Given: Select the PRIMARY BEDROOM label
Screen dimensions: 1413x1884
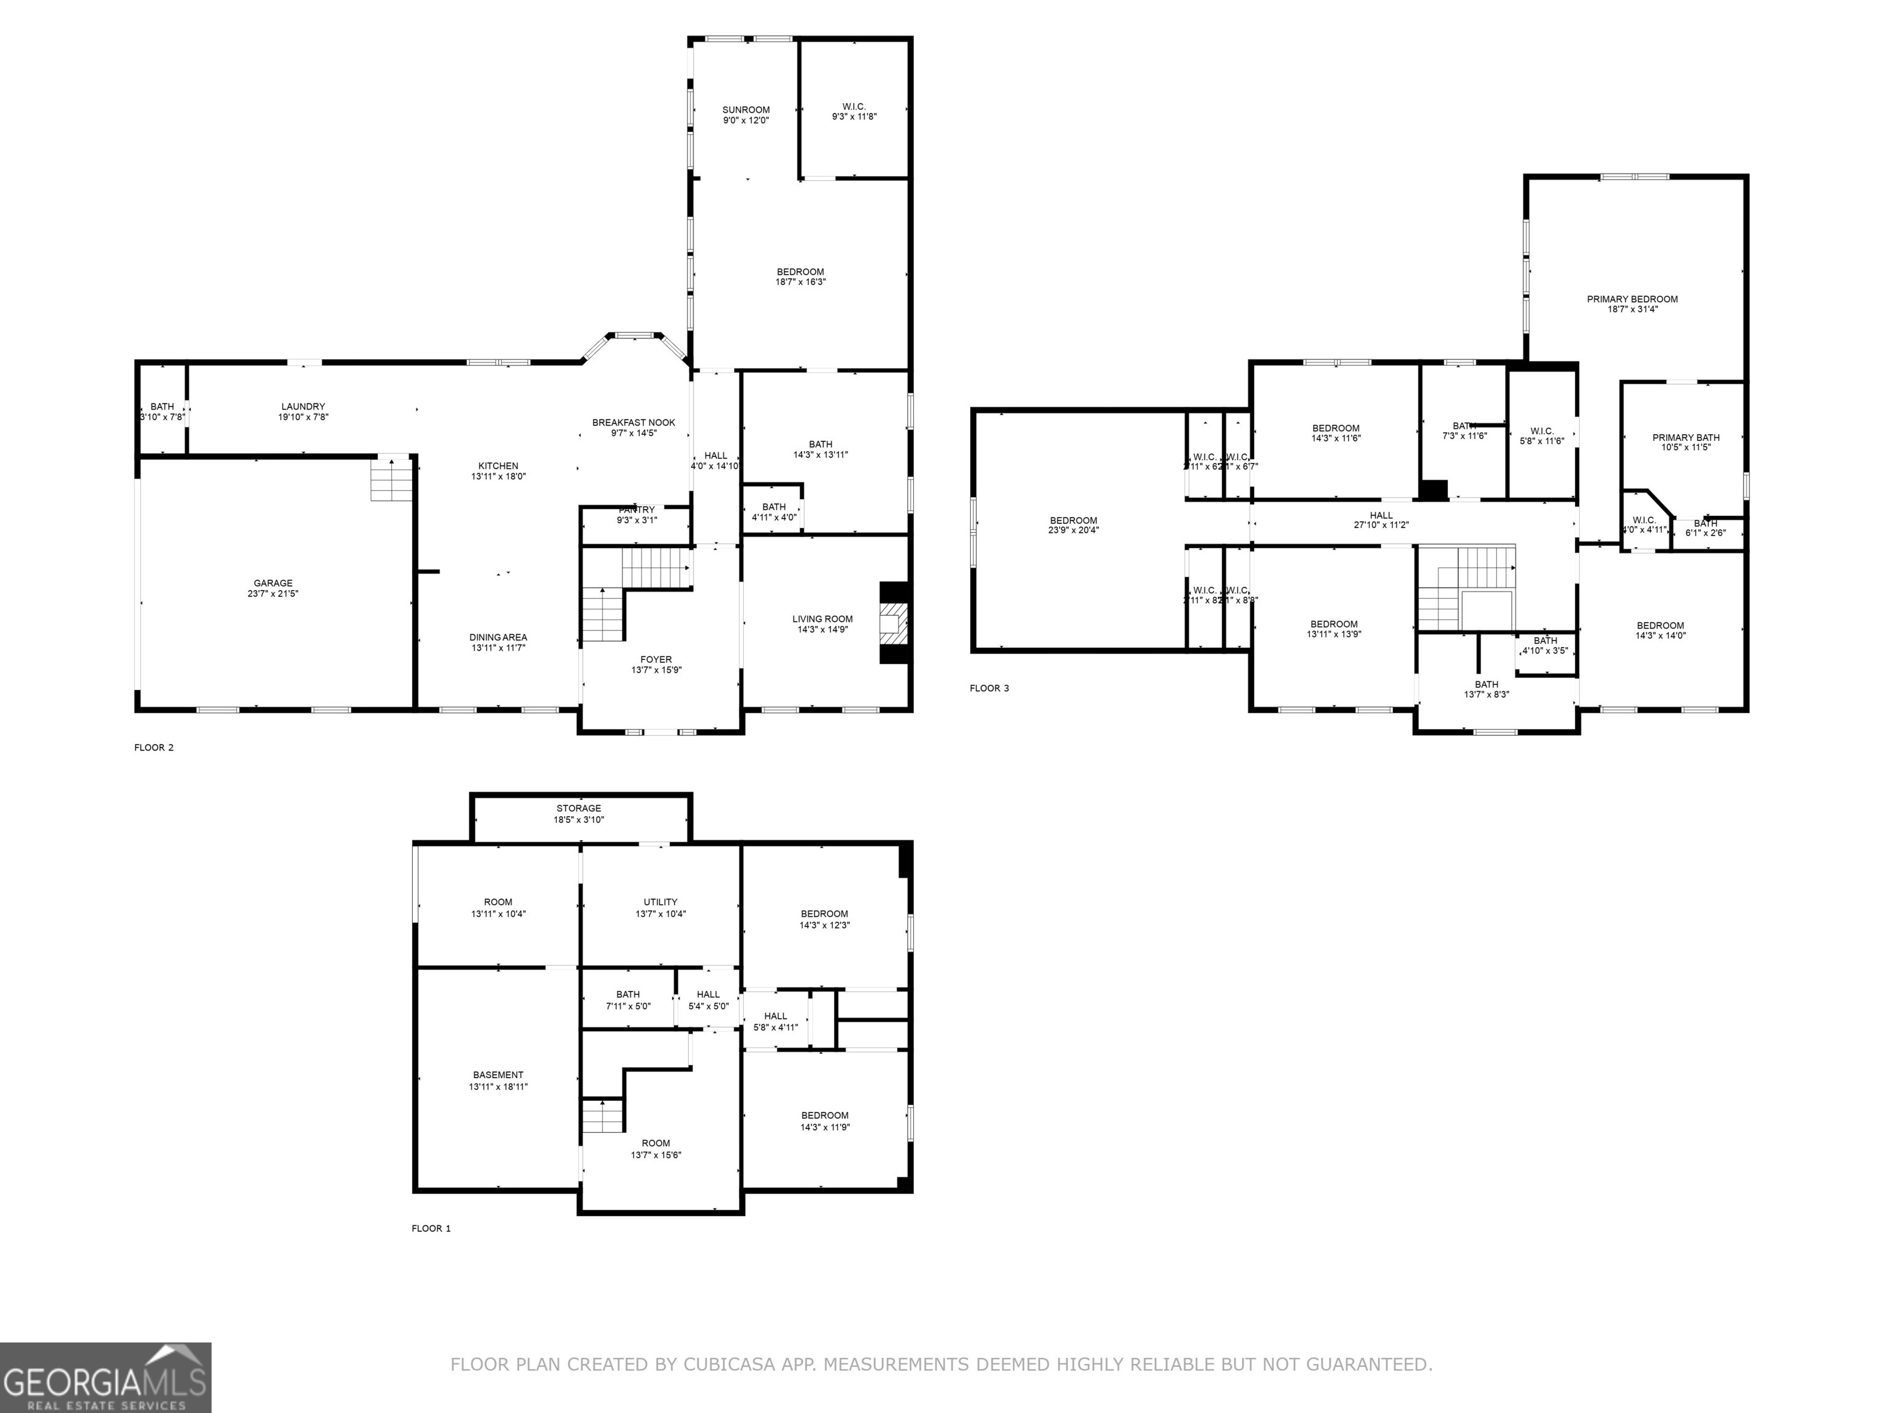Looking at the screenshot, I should [1632, 299].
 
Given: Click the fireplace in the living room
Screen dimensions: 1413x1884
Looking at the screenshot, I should [894, 622].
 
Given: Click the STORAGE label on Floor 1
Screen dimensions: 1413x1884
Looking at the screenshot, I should [578, 808].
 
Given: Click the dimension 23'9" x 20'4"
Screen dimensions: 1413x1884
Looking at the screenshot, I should [1073, 530].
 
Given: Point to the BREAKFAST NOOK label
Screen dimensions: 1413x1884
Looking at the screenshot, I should [633, 423].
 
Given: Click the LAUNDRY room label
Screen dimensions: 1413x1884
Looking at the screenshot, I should [302, 406].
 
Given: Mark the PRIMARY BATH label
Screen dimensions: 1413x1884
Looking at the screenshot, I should [1685, 438].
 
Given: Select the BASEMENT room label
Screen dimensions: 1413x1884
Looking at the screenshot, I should [498, 1075].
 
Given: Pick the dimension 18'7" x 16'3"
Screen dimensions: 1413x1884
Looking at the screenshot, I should [800, 282].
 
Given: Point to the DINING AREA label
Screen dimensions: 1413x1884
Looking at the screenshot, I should [497, 637].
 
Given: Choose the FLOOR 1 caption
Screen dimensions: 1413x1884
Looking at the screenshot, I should [431, 1228].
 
